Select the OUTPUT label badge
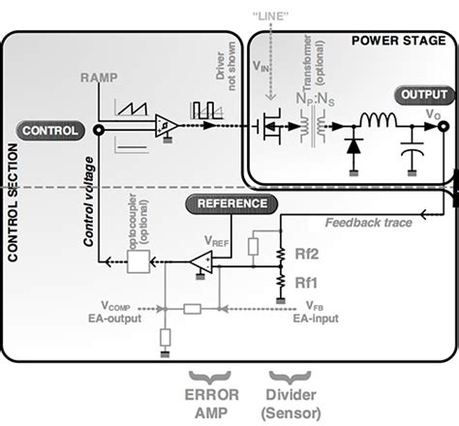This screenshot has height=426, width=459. (x=422, y=96)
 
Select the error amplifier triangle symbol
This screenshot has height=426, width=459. (x=201, y=260)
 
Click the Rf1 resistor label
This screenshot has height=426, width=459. (x=306, y=283)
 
